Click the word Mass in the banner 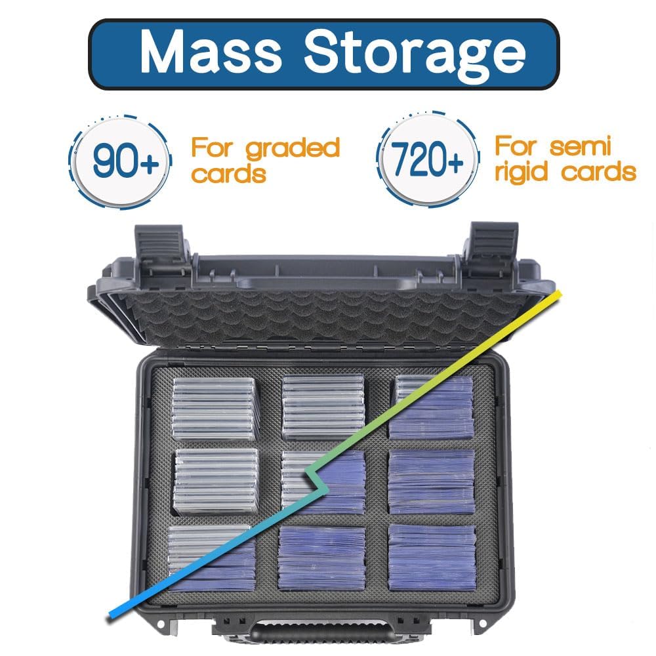211,52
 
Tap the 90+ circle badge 121,161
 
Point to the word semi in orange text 581,146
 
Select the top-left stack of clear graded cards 215,408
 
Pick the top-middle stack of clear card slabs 322,407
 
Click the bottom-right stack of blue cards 432,557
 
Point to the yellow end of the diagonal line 558,294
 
